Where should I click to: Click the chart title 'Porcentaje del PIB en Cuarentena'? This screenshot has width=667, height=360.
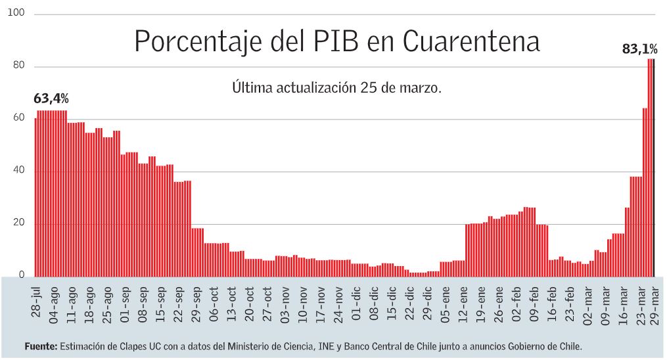point(336,41)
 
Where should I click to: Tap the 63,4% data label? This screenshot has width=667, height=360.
point(51,99)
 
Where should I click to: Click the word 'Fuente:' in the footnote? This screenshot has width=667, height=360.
point(41,346)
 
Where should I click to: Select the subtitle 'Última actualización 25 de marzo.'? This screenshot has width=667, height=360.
point(336,87)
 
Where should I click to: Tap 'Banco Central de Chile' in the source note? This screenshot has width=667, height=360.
point(382,346)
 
